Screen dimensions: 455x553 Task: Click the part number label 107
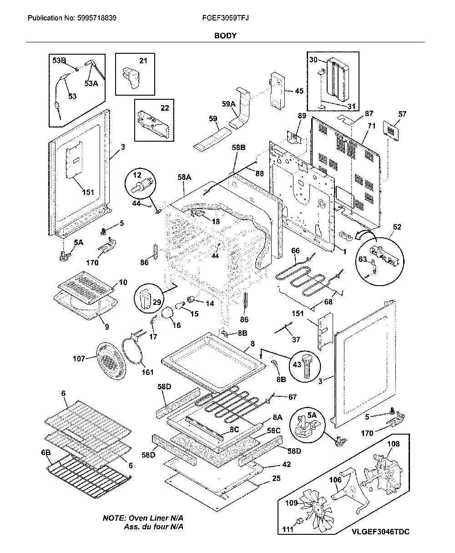tap(79, 359)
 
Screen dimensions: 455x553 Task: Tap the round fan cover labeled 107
tap(109, 360)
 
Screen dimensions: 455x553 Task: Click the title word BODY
tap(225, 36)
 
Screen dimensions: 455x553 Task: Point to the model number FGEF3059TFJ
tap(225, 18)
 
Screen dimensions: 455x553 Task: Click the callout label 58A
tap(184, 177)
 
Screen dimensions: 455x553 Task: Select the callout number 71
tap(371, 126)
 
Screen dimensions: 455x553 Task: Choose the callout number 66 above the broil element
tap(295, 251)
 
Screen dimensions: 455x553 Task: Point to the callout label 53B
tap(59, 61)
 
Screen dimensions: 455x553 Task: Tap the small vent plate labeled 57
tap(391, 131)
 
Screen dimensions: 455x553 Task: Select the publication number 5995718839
tap(97, 18)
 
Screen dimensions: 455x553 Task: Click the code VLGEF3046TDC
tap(381, 531)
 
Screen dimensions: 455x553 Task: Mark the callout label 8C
tap(234, 430)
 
